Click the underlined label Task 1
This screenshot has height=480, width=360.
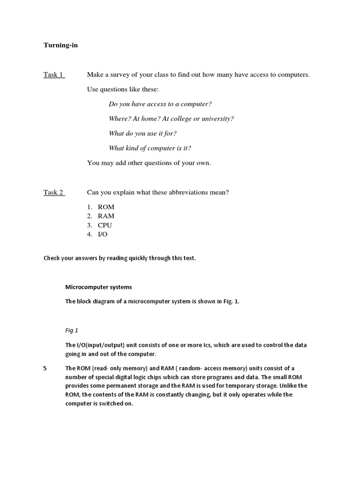(x=54, y=75)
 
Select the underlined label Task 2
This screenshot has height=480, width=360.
(x=54, y=192)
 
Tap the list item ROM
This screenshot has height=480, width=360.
(x=106, y=207)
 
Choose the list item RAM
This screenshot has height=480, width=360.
(x=106, y=216)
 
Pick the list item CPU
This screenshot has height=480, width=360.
(x=105, y=225)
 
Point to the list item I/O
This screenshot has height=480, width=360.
(x=103, y=234)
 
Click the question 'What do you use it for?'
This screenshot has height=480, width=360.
(x=142, y=134)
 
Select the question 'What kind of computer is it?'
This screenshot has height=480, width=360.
(x=150, y=148)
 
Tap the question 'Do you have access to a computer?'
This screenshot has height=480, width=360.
(x=157, y=104)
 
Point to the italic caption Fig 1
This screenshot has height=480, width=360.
(x=72, y=330)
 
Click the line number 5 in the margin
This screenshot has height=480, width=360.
(x=45, y=368)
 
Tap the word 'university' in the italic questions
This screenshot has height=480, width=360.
(x=217, y=119)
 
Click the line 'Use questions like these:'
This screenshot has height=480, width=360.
(x=123, y=89)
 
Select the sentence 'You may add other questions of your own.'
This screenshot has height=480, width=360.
(x=149, y=163)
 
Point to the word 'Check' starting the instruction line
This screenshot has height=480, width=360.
(x=52, y=258)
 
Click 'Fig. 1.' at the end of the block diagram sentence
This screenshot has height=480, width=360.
(x=231, y=301)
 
